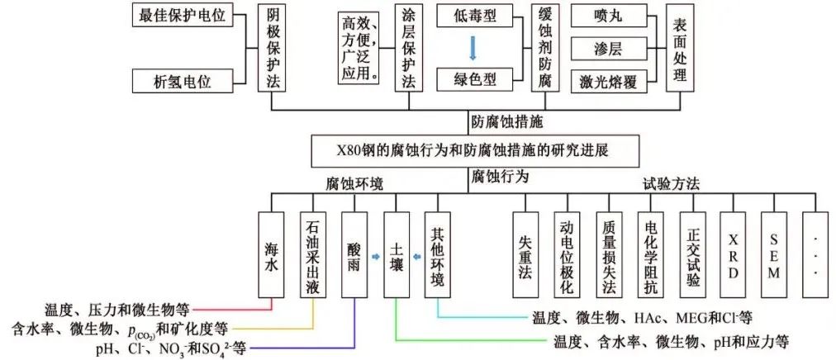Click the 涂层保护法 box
click(410, 49)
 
